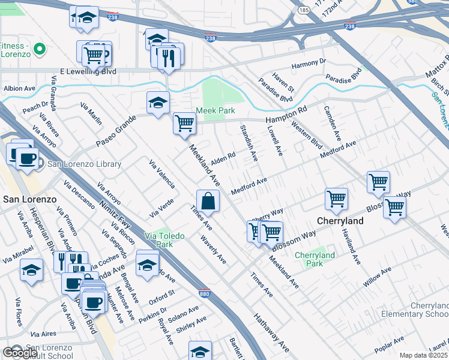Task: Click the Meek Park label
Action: coord(215,111)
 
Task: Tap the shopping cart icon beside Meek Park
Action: coord(184,124)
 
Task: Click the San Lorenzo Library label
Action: coord(84,164)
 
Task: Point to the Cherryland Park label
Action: coord(315,259)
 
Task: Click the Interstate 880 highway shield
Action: coord(203,293)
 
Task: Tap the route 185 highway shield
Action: coord(304,11)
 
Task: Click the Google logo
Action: coord(20,353)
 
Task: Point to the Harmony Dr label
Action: coord(308,62)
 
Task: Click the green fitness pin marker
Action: coord(40,49)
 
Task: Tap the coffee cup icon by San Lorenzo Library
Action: coord(28,159)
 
